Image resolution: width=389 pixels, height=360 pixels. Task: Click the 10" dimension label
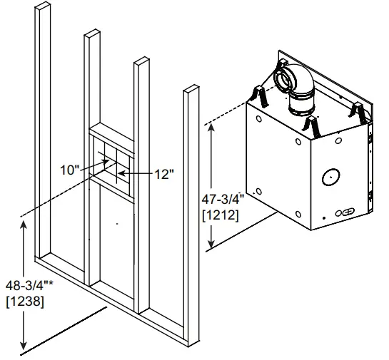point(69,170)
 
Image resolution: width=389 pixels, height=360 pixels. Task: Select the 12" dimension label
point(163,174)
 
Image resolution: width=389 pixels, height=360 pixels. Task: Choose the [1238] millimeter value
point(24,302)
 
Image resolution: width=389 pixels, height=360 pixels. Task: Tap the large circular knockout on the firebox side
point(330,175)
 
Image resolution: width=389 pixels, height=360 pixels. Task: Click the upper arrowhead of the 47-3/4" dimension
point(211,126)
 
